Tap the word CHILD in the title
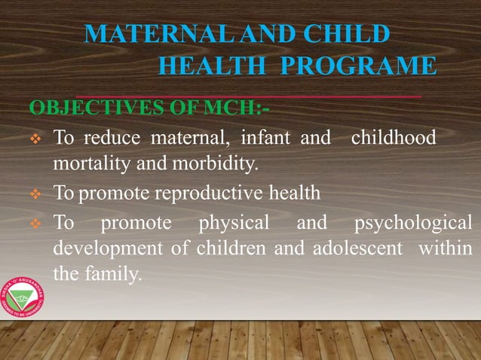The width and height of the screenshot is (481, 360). [x=347, y=35]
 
